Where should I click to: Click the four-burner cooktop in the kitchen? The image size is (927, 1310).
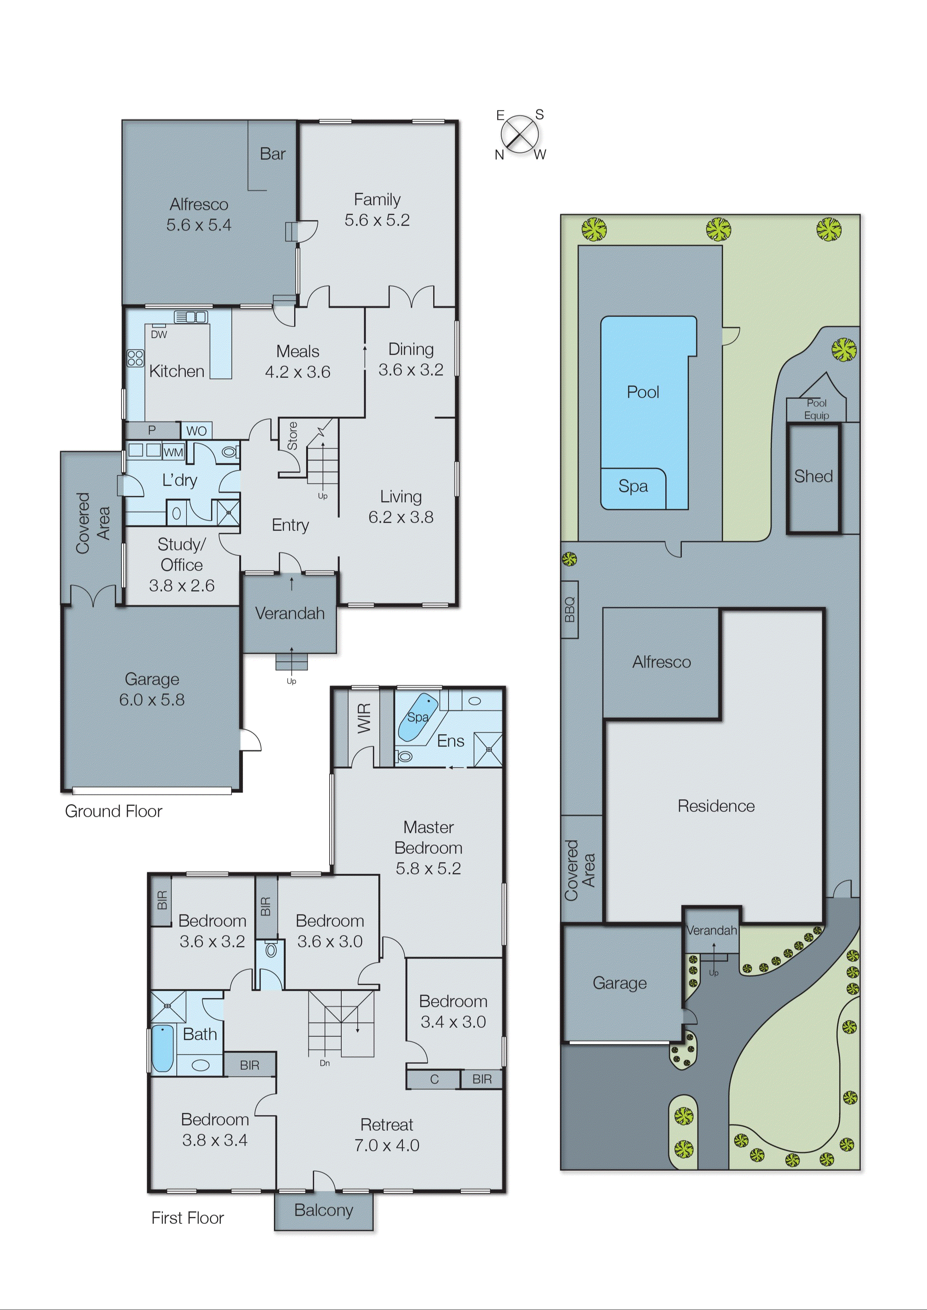[x=135, y=358]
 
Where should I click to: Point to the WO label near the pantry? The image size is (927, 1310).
[x=196, y=431]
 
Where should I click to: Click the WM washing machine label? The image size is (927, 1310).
[x=173, y=452]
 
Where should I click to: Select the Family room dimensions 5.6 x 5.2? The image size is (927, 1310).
[x=377, y=220]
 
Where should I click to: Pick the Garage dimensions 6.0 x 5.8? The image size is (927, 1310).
[x=152, y=700]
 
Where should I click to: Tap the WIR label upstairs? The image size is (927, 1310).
[x=364, y=718]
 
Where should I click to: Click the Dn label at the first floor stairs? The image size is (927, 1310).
[x=324, y=1063]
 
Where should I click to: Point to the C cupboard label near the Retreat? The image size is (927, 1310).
[x=434, y=1079]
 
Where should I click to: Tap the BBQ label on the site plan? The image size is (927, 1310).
[x=570, y=610]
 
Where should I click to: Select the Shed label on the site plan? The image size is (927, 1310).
[x=813, y=476]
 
